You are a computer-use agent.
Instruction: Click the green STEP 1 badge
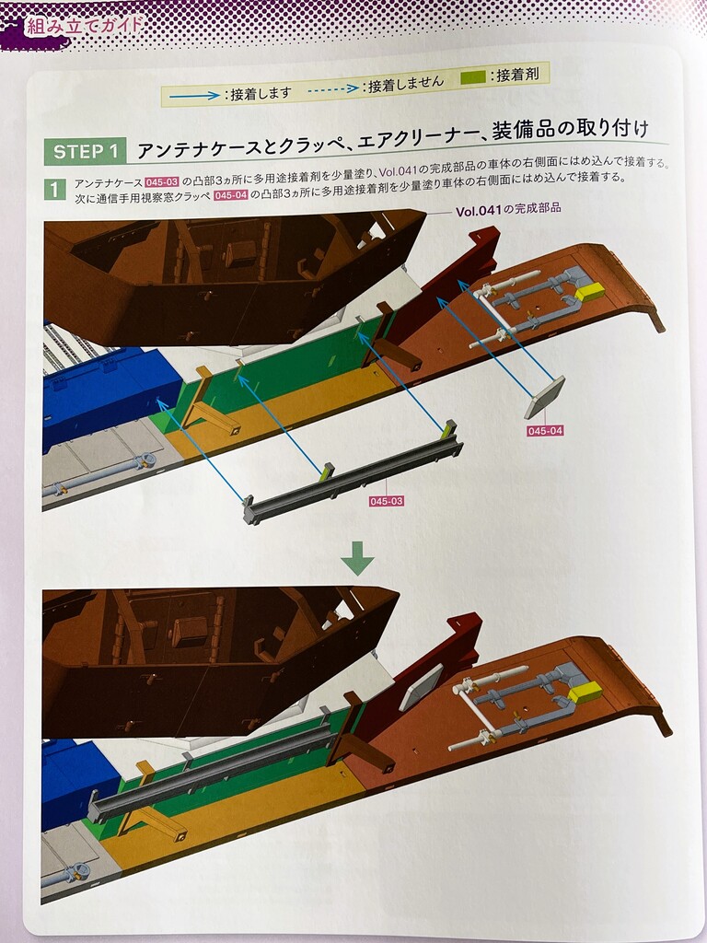(x=85, y=152)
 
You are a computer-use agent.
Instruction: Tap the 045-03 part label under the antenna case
(x=386, y=501)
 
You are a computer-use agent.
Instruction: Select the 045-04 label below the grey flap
(x=545, y=431)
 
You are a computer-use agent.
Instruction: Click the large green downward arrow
(x=357, y=558)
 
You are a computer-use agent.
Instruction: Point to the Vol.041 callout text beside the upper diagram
(x=508, y=210)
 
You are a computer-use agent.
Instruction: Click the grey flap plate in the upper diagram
(x=544, y=397)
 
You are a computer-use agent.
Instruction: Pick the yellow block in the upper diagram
(x=589, y=292)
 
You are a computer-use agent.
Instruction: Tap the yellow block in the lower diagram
(x=585, y=693)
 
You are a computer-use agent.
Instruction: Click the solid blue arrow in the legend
(x=194, y=95)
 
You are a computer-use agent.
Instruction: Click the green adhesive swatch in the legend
(x=473, y=77)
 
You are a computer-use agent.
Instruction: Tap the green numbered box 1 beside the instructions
(x=54, y=190)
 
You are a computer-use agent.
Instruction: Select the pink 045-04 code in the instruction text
(x=231, y=195)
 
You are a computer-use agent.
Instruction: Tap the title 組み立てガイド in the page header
(x=84, y=25)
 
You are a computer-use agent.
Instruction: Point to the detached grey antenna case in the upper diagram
(x=353, y=474)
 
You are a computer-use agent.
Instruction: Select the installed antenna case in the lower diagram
(x=211, y=773)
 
